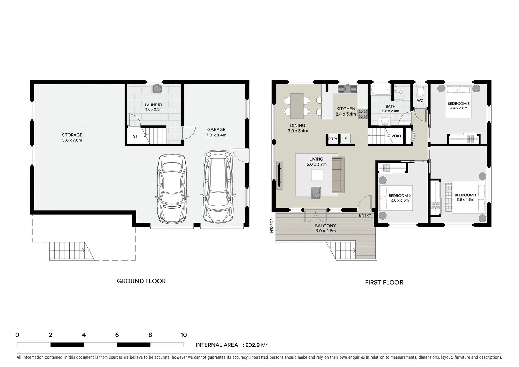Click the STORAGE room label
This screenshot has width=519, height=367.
coord(72,135)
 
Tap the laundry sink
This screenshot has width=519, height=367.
coord(157,89)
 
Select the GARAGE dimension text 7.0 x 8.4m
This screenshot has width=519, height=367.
coord(216,135)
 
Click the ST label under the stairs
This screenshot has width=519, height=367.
coord(135,137)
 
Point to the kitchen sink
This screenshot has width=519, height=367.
coord(346,89)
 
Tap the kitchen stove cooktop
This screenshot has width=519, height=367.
coord(363,113)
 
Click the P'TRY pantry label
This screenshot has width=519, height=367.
coord(333,139)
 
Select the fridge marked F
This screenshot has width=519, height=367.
coord(346,139)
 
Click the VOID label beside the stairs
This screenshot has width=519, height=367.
coord(396,136)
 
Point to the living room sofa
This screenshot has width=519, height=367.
coord(337,174)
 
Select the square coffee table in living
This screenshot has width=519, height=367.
coord(318,175)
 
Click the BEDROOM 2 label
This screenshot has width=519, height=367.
coord(400,196)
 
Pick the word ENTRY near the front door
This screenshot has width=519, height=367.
coord(365,215)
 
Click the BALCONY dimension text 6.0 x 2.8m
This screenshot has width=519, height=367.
coord(325,231)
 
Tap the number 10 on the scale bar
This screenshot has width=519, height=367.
coord(183,335)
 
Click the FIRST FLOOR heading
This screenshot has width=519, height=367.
coord(384,282)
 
